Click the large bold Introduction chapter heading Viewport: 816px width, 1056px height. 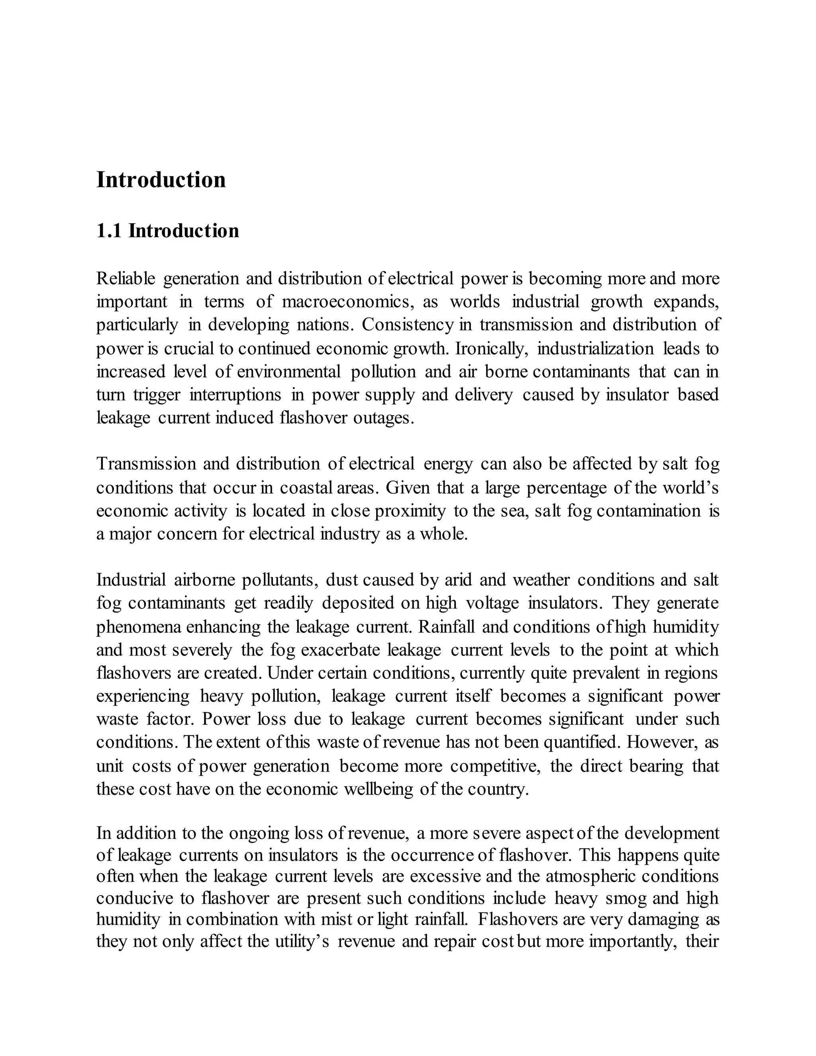click(161, 180)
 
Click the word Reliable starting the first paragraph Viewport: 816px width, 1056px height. click(126, 279)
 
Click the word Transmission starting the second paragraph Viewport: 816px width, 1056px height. click(145, 464)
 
